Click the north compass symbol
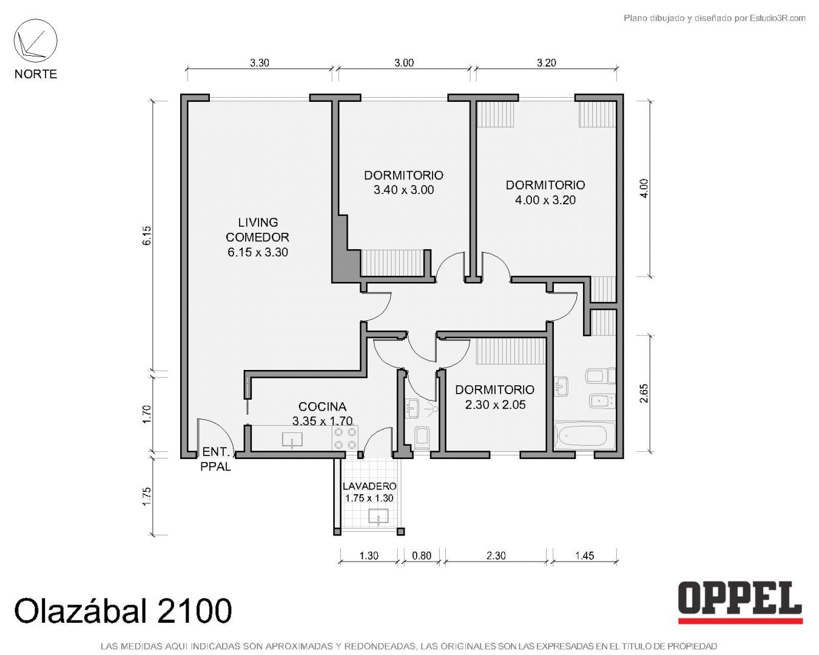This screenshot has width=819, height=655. (35, 41)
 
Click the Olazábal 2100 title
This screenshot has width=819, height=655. (123, 611)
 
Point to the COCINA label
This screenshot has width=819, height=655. (322, 406)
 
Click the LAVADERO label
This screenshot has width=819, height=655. (369, 486)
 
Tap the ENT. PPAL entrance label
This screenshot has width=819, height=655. (216, 459)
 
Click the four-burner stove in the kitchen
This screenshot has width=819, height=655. (345, 438)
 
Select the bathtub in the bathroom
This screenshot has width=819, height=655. (585, 436)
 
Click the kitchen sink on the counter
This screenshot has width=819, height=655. (292, 440)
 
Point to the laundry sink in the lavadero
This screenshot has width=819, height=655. (379, 517)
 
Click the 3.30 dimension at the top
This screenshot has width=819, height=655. (260, 63)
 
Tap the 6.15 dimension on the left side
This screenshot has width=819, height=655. (147, 235)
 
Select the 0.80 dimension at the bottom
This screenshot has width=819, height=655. (422, 556)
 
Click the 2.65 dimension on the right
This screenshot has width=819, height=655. (644, 393)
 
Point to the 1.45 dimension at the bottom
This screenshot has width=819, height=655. (585, 556)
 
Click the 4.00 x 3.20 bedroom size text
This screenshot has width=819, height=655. (545, 200)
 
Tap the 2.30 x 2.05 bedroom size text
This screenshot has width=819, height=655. (495, 405)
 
